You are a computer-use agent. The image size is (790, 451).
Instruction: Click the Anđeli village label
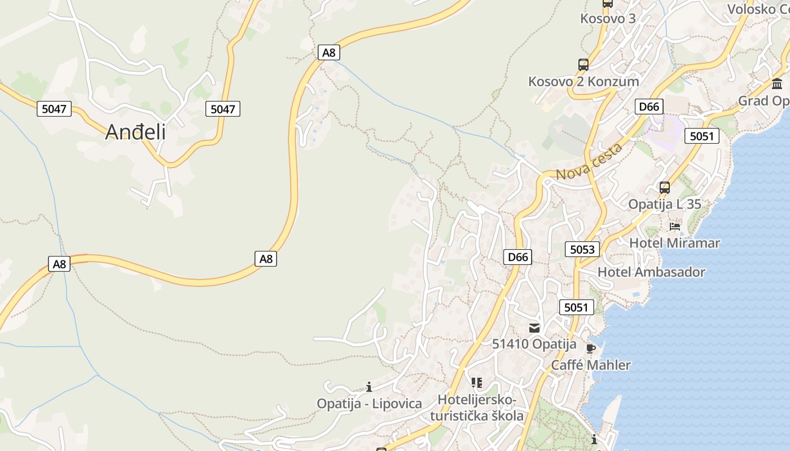tap(135, 132)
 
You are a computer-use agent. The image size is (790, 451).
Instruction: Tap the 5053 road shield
tap(582, 249)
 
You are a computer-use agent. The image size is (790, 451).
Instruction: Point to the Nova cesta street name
tap(589, 161)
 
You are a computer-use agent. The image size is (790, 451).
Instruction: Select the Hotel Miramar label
tap(674, 243)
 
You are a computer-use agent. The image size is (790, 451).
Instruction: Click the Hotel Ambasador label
tap(651, 272)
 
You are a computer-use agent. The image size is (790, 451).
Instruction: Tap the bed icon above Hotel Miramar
tap(674, 227)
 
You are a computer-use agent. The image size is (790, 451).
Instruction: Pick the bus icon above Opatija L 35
tap(665, 188)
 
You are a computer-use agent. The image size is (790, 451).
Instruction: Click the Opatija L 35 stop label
tap(665, 204)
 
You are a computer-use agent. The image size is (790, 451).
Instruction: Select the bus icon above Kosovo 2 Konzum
tap(583, 65)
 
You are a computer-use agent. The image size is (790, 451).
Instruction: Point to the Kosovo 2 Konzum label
tap(583, 81)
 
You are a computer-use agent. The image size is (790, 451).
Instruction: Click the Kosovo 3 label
tap(608, 19)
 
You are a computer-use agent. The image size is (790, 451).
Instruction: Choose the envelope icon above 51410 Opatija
tap(534, 328)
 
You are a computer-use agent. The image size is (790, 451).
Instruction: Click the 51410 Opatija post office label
tap(534, 344)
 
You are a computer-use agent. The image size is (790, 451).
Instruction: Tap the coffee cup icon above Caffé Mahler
tap(591, 348)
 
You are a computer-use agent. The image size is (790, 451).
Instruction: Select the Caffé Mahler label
tap(591, 365)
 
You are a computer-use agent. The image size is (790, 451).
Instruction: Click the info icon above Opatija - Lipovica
tap(369, 387)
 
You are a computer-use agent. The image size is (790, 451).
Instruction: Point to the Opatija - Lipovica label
tap(369, 404)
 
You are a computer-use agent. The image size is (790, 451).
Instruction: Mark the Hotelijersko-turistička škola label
tap(477, 408)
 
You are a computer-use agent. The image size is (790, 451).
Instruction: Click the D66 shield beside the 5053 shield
tap(517, 258)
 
